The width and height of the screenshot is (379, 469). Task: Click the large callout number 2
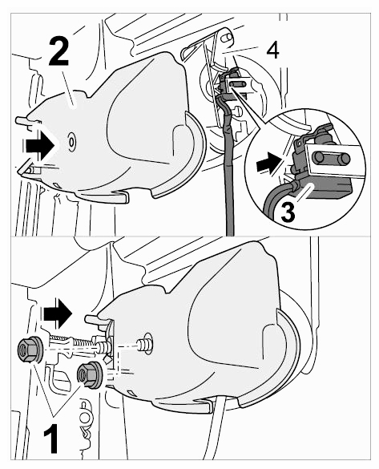(x=58, y=51)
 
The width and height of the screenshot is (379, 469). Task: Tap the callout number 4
(x=272, y=51)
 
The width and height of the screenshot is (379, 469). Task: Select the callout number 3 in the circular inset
(x=288, y=211)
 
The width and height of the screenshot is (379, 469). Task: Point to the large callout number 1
(x=50, y=440)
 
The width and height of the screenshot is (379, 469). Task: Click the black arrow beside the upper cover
(x=40, y=146)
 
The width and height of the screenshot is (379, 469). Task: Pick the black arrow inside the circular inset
(x=269, y=164)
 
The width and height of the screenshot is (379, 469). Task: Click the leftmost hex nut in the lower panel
(x=30, y=349)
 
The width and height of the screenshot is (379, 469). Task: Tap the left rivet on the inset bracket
(x=319, y=156)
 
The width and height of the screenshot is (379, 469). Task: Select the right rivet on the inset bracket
(x=345, y=160)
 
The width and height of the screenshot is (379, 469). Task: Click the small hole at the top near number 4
(x=228, y=38)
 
